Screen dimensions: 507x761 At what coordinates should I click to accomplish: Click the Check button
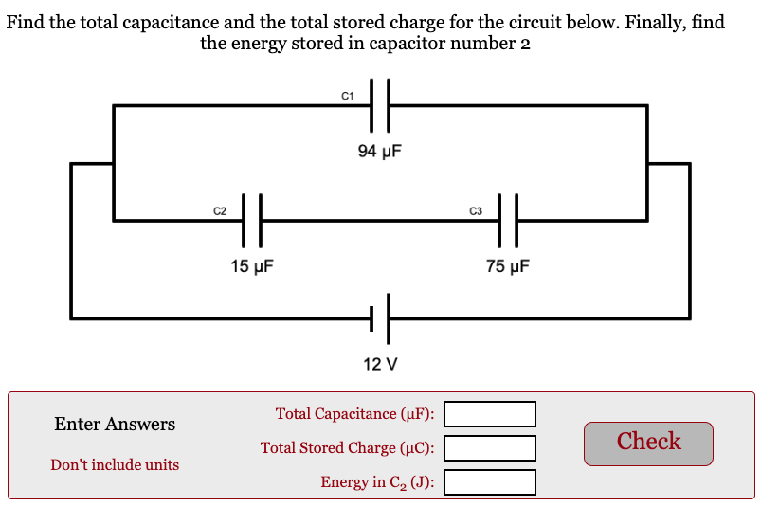(648, 443)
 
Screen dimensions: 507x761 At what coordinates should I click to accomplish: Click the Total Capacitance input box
(490, 414)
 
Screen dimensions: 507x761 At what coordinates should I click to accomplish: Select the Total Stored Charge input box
(490, 448)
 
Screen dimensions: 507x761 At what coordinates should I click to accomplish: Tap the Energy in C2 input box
(490, 482)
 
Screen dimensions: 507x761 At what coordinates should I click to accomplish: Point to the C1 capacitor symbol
(380, 105)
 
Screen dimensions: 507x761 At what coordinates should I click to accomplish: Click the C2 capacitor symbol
(251, 221)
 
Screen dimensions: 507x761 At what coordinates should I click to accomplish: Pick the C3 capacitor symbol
(508, 221)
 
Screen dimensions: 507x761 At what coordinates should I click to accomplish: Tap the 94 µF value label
(380, 151)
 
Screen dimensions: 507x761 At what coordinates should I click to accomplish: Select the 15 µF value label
(252, 266)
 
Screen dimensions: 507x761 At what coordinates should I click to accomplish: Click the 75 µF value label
(508, 266)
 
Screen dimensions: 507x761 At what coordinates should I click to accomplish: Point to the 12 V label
(380, 363)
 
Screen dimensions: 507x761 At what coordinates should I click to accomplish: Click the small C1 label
(347, 95)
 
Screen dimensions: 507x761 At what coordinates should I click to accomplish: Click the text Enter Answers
(115, 425)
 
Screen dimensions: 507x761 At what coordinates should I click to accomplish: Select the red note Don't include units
(115, 465)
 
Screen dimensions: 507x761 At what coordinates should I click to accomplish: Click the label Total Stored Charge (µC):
(348, 448)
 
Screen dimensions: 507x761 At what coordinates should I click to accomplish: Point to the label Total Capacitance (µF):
(354, 414)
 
